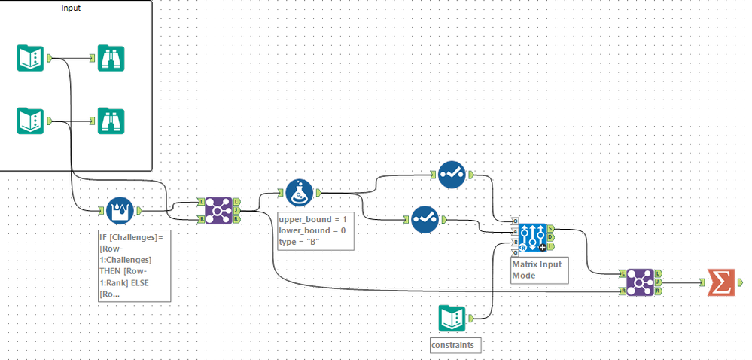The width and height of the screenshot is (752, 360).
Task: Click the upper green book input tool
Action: coord(31,58)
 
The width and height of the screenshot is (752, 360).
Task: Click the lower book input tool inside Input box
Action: coord(31,121)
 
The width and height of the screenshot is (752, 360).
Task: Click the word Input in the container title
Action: coord(71,8)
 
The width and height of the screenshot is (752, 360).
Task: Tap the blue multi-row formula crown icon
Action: coord(120,211)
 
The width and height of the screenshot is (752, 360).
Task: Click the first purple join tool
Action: coord(218,211)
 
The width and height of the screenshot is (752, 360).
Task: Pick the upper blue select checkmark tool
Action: coord(451,175)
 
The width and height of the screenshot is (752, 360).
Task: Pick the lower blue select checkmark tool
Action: coord(425,219)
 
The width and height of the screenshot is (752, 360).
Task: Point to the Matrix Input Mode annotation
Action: coord(537,269)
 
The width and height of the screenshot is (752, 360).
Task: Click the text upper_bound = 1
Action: coord(312,218)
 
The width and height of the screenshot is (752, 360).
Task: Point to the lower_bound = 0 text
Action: coord(312,230)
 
